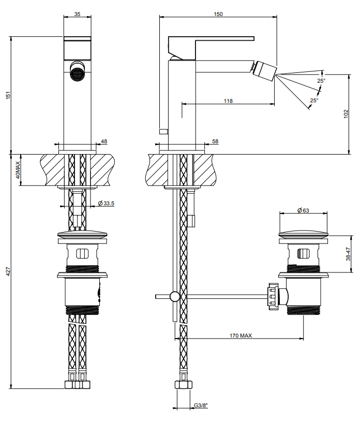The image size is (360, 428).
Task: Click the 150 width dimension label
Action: coord(218,14)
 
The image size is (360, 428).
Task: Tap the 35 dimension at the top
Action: coord(77,14)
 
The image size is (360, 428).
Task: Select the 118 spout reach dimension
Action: coord(228,101)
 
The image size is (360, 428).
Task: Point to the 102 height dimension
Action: coord(346,114)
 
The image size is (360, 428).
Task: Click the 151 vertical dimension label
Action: coord(8,95)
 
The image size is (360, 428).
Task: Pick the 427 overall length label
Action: coord(8,271)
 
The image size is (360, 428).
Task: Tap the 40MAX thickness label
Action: coord(17,170)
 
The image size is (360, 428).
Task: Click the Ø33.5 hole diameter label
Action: coord(106,203)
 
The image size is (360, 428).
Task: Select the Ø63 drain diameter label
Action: coord(303,210)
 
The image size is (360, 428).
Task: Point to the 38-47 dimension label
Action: coord(348,254)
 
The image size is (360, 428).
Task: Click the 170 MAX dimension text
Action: coord(241,335)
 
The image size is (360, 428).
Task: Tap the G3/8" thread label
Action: coord(201,405)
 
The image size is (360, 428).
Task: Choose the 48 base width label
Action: coord(104,142)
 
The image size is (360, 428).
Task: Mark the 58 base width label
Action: coord(215,142)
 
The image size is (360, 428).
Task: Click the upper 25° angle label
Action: coord(321,81)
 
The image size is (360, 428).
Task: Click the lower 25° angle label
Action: coord(314,100)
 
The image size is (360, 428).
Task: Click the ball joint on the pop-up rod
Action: coord(175,296)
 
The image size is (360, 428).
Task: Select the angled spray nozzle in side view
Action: coord(265,71)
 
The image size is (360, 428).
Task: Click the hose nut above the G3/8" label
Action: coord(183,385)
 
